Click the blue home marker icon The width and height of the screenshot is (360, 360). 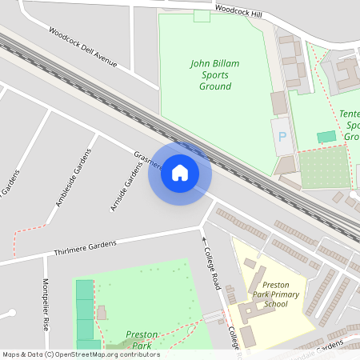(180, 173)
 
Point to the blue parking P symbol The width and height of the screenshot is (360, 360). (282, 137)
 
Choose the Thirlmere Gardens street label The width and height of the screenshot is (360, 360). (85, 248)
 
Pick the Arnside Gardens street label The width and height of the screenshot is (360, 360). (125, 186)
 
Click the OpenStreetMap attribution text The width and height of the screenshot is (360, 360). (80, 354)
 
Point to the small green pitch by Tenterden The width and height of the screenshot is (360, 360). (326, 137)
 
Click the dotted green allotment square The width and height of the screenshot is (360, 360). (324, 166)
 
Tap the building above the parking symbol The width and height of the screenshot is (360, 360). (278, 102)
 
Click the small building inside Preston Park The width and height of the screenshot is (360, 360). (102, 312)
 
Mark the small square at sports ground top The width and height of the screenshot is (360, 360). (202, 16)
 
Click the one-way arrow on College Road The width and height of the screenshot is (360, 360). (203, 239)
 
